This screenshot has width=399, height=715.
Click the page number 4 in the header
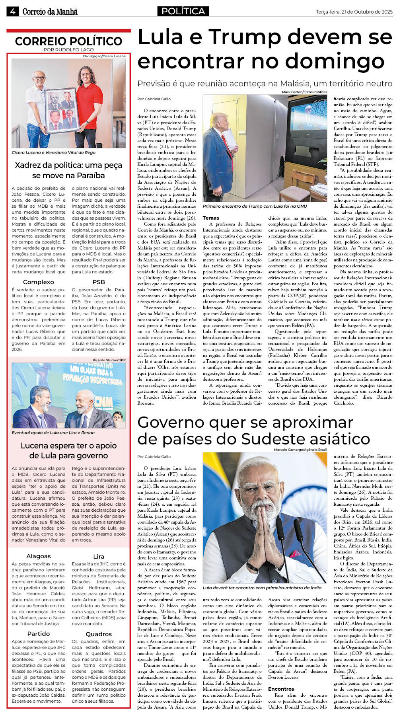(x=13, y=12)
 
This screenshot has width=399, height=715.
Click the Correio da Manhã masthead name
(x=50, y=12)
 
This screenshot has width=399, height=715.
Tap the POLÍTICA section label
(x=183, y=11)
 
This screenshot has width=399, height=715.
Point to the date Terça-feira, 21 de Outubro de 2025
(x=354, y=12)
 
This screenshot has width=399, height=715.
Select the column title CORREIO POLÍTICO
(x=68, y=41)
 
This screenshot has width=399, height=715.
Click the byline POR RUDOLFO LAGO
(x=68, y=50)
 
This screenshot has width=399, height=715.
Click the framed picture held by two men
(x=61, y=109)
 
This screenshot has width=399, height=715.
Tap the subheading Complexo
(x=38, y=282)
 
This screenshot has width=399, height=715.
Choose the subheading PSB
(x=99, y=282)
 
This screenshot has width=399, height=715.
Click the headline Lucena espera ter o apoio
(x=68, y=445)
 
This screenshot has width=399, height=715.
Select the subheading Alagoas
(x=38, y=556)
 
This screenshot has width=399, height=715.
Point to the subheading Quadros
(x=99, y=634)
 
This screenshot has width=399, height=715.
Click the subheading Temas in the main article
(x=211, y=218)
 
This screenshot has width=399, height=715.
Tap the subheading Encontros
(x=281, y=689)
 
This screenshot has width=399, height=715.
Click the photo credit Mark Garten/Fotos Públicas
(x=304, y=92)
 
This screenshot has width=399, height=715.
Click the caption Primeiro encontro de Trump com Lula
(x=255, y=206)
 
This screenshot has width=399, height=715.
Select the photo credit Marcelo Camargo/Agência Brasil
(x=300, y=450)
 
